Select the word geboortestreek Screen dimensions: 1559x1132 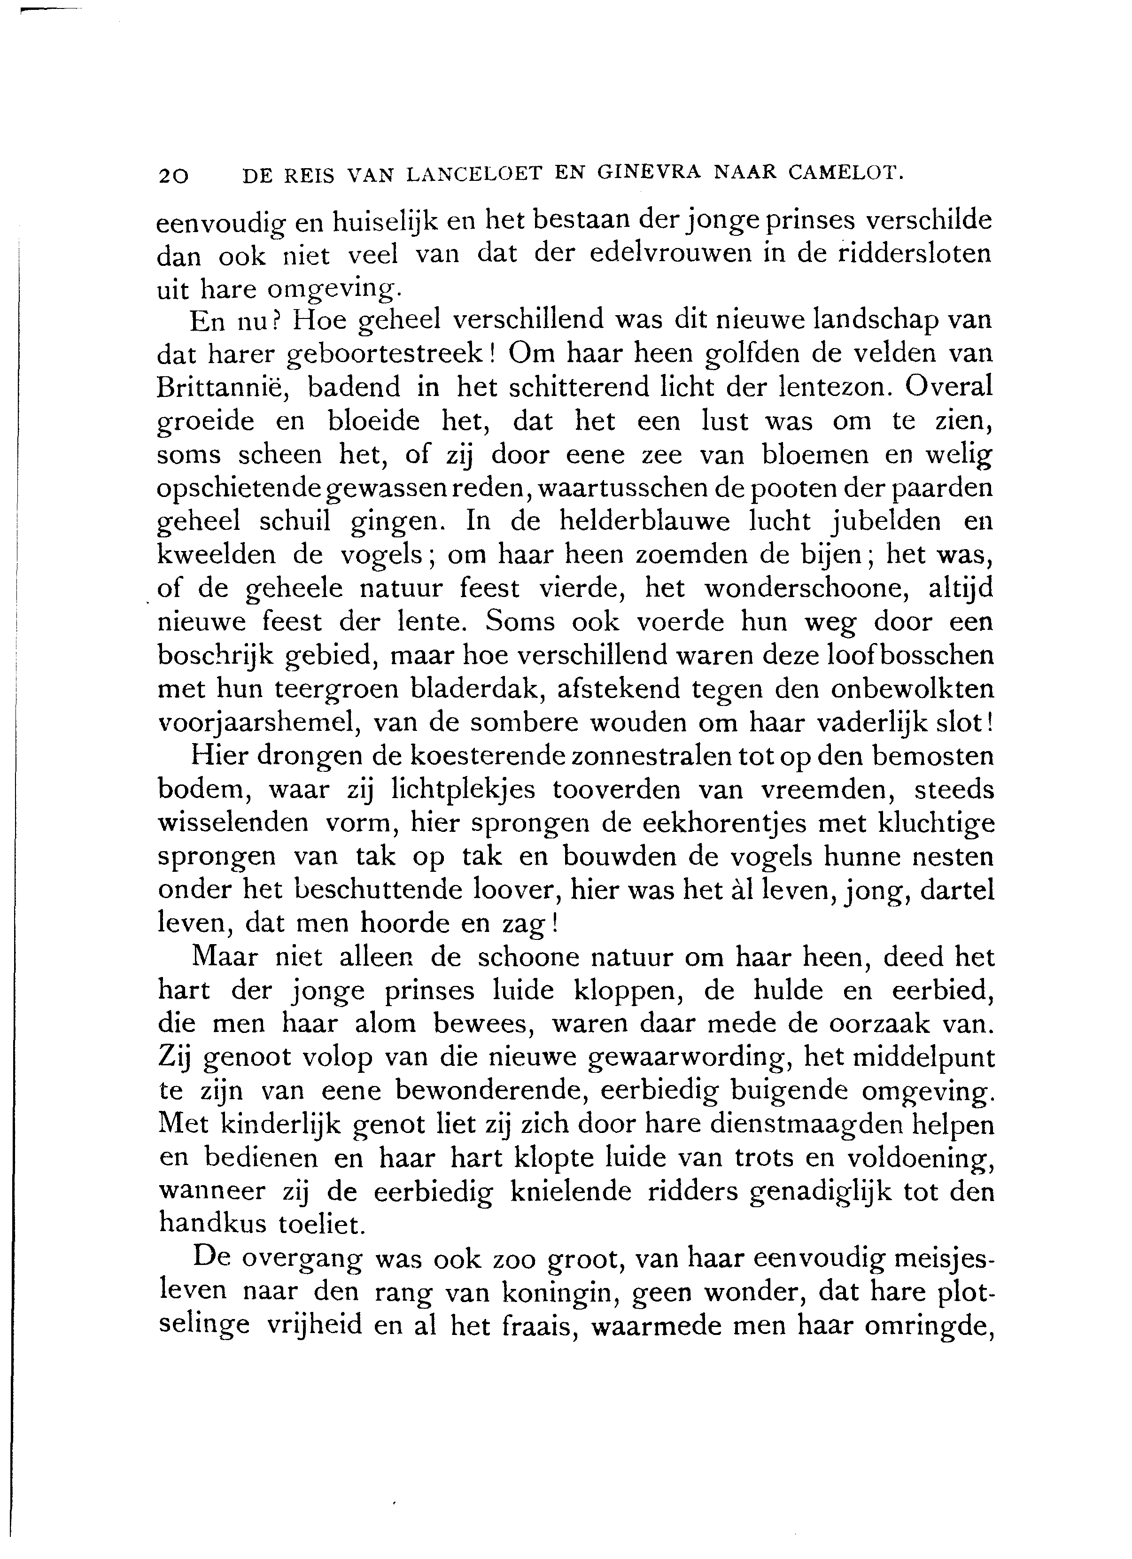[385, 355]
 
